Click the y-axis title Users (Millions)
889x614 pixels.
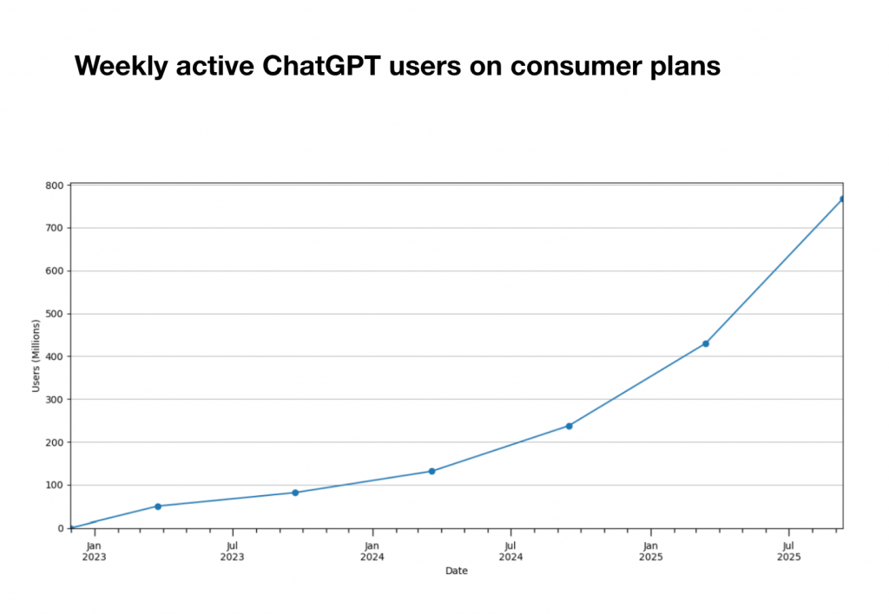36,356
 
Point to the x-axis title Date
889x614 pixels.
456,571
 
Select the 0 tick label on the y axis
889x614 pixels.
60,528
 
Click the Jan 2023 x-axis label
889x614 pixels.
94,552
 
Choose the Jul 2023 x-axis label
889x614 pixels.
232,552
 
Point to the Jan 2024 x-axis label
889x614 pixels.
372,552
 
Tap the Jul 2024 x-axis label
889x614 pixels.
510,552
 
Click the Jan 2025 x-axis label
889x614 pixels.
650,552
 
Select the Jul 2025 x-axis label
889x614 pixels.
788,552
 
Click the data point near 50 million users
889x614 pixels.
158,506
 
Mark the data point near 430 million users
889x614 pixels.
706,343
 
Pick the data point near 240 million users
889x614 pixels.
569,426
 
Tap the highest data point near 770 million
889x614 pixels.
842,199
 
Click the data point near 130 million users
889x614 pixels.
431,471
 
